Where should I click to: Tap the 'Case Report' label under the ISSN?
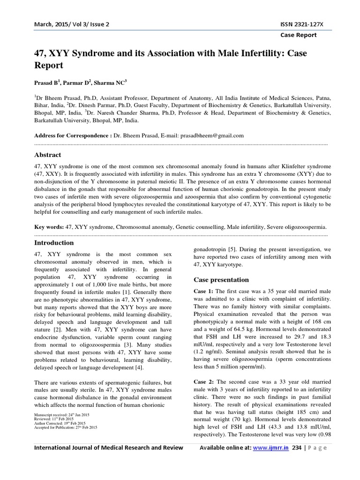pyautogui.click(x=298, y=35)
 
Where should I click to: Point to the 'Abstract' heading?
pyautogui.click(x=47, y=155)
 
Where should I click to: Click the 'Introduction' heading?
pyautogui.click(x=54, y=243)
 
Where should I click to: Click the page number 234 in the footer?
pyautogui.click(x=296, y=448)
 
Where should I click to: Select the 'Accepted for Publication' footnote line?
pyautogui.click(x=66, y=427)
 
